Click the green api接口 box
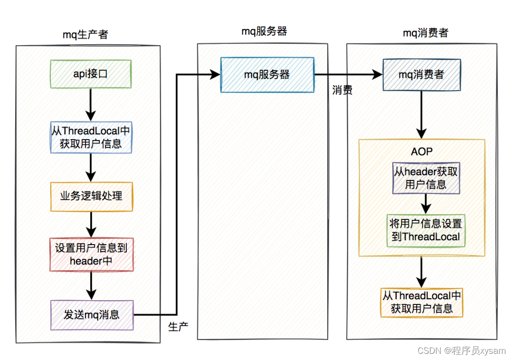click(x=91, y=74)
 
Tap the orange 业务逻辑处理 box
click(x=91, y=196)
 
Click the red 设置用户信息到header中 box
click(x=91, y=255)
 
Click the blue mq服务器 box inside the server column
click(x=267, y=75)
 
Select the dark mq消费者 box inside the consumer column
click(x=422, y=75)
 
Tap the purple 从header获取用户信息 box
click(x=426, y=178)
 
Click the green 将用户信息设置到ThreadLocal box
click(x=426, y=230)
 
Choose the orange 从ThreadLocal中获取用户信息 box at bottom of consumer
click(x=422, y=302)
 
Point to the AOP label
click(x=422, y=152)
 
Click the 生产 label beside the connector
click(x=178, y=327)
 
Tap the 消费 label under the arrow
click(x=342, y=90)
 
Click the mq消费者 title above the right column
click(x=426, y=33)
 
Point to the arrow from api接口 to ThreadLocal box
click(x=90, y=104)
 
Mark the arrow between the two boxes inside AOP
click(x=426, y=204)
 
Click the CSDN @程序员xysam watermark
click(x=461, y=351)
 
